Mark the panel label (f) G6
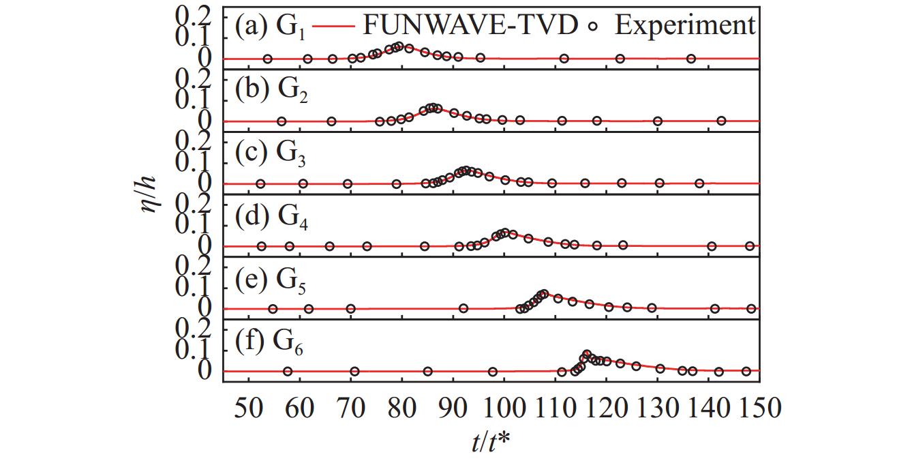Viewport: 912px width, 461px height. [x=271, y=342]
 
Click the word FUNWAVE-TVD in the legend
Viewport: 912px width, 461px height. [x=470, y=25]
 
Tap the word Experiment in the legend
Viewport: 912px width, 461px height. [x=685, y=25]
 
